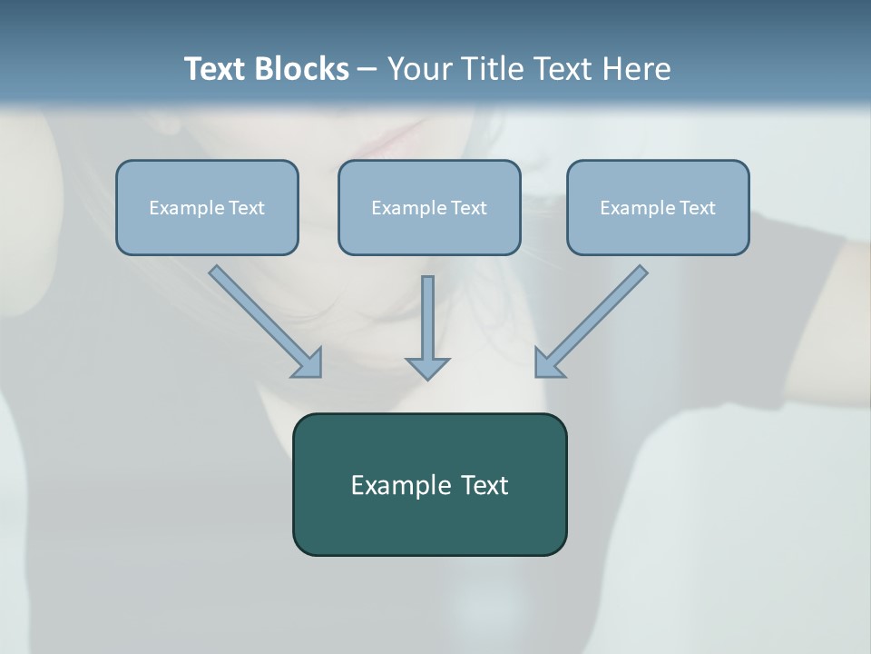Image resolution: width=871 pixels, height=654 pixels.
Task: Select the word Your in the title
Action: (418, 69)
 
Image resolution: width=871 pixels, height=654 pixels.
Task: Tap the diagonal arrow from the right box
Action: (594, 318)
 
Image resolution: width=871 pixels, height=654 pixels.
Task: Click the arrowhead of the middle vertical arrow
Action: (427, 367)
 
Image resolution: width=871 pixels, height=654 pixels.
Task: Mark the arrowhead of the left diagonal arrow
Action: (308, 363)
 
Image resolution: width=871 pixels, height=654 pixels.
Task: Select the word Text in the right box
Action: (698, 208)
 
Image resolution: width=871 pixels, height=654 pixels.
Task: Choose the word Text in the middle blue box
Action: (469, 208)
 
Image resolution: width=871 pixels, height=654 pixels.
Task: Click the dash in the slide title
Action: (367, 70)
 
